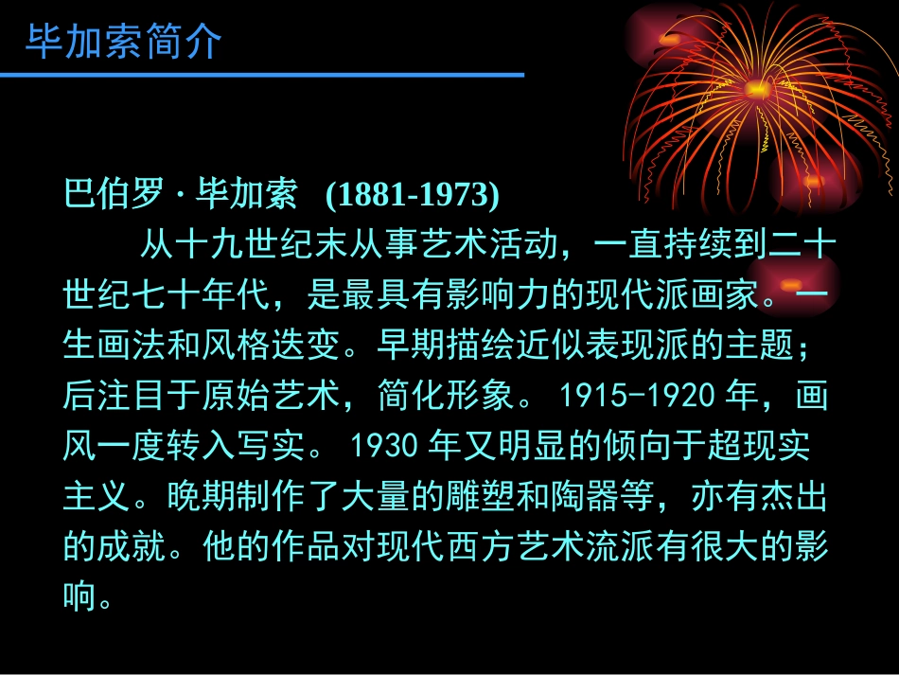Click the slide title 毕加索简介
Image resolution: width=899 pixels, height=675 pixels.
tap(123, 43)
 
